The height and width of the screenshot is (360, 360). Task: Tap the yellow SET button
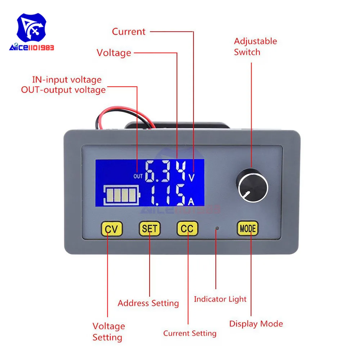tap(149, 228)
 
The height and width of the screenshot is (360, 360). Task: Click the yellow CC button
tap(187, 228)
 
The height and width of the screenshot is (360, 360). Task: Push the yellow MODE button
tap(248, 228)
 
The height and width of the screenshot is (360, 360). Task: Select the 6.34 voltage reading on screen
tap(166, 171)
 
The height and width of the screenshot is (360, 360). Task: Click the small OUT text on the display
tap(138, 176)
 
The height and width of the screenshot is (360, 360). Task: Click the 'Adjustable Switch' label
tap(255, 46)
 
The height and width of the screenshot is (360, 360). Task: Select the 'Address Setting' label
tap(148, 303)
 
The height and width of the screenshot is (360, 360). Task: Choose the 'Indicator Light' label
tap(220, 299)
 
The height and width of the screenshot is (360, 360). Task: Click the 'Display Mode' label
tap(256, 324)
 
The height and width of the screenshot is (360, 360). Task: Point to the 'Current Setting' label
tap(190, 333)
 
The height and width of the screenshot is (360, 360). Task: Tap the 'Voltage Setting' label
tap(108, 332)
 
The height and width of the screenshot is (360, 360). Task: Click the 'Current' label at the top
tap(129, 32)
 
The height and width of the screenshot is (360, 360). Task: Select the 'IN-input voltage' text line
tap(67, 80)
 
